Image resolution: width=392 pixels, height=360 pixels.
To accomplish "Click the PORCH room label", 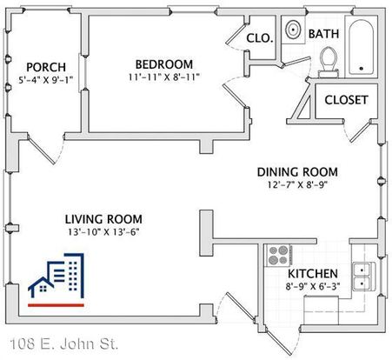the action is coord(46,67).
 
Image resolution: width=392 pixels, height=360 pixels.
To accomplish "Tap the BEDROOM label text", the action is coord(164,64).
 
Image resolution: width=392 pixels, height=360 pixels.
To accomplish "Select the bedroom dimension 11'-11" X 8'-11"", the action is coord(164,77).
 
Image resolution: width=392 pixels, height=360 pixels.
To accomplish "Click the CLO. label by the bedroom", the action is coord(260,38).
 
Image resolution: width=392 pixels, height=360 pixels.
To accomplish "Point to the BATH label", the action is coord(323,34).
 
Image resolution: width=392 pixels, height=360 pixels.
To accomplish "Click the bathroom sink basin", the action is coord(293,30).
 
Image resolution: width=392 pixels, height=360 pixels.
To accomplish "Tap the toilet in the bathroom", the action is coord(329,63).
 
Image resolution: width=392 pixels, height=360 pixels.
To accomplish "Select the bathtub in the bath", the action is coord(361,47).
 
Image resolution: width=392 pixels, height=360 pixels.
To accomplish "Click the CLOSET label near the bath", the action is coord(346,100).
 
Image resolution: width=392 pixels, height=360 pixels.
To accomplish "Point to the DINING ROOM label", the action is coord(297,172).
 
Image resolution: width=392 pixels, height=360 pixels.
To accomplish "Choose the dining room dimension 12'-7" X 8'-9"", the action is coord(297,184).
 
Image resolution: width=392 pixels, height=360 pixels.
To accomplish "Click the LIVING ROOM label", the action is coord(103,219).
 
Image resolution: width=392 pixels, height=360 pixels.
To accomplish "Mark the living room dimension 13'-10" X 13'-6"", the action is coord(103,232).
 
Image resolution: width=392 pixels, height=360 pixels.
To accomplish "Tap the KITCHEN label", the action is coord(313,274).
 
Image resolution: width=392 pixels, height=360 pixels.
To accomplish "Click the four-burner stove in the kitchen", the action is coord(279,256).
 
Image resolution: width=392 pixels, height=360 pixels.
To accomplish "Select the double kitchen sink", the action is coord(363,277).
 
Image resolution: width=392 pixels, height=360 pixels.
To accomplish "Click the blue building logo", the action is coord(56,276).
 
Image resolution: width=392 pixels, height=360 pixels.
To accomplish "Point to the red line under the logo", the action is coord(56,305).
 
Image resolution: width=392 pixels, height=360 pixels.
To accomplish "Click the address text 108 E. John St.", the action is coord(64,344).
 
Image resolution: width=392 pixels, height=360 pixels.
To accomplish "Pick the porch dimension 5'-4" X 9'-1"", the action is coord(46,80).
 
